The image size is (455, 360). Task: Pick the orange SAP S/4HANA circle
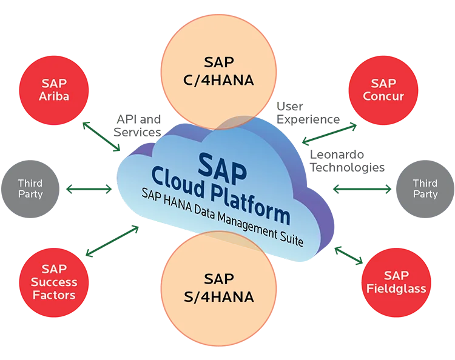pyautogui.click(x=218, y=288)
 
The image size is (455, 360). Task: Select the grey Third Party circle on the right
pyautogui.click(x=425, y=188)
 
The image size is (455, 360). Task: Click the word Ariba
pyautogui.click(x=55, y=96)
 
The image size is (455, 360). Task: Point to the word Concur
pyautogui.click(x=383, y=96)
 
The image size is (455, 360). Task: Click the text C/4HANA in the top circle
pyautogui.click(x=218, y=80)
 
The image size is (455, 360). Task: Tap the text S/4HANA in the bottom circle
pyautogui.click(x=218, y=297)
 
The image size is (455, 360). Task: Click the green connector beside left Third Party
pyautogui.click(x=88, y=189)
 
